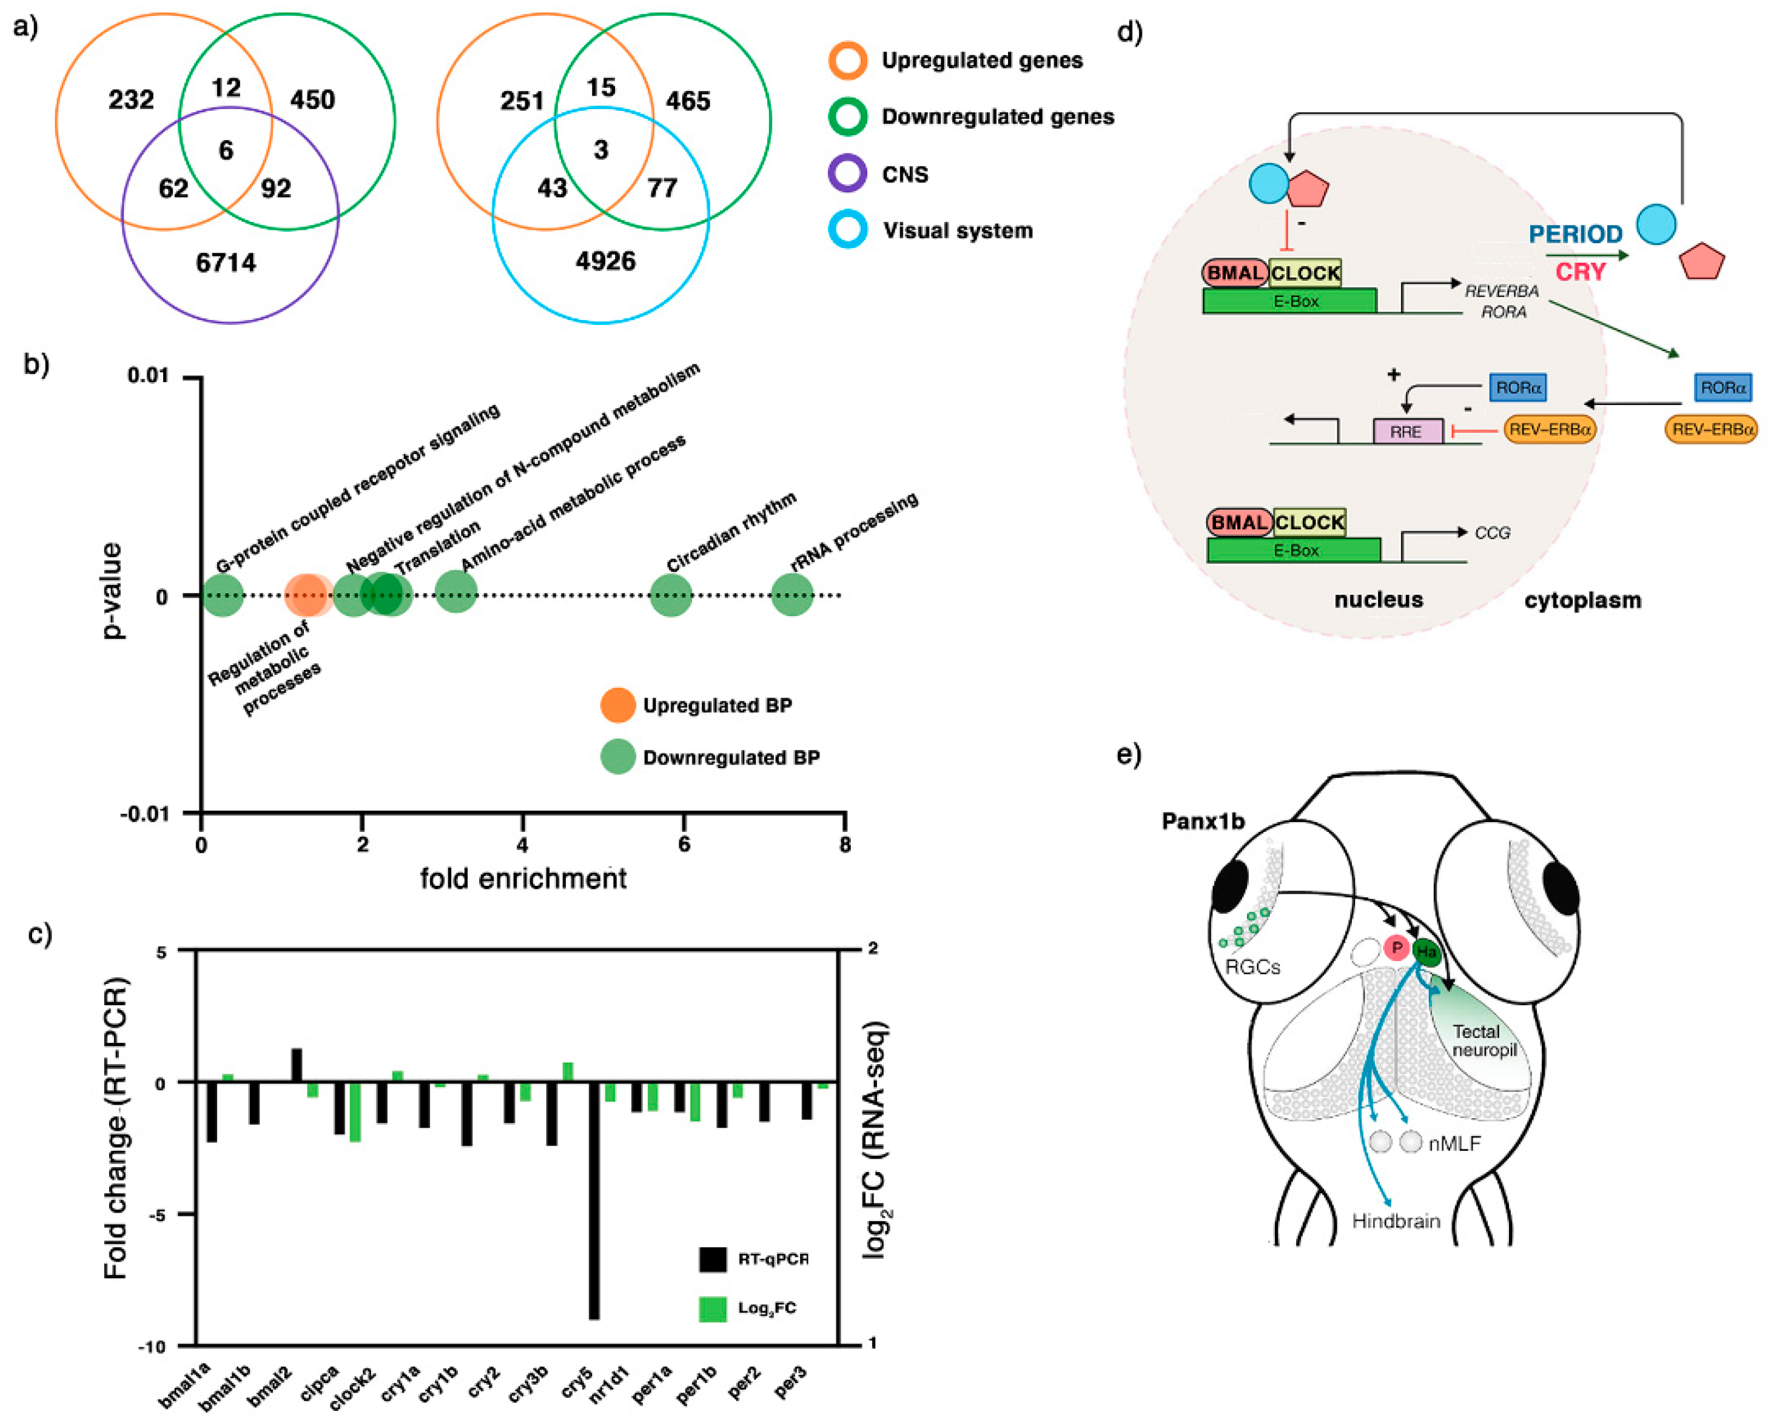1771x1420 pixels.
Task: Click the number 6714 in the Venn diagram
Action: click(226, 263)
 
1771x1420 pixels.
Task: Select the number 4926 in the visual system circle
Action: click(605, 261)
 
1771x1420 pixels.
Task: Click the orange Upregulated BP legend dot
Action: click(617, 705)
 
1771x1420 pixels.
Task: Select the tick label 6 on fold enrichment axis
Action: click(684, 844)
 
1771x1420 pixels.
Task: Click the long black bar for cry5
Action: click(594, 1200)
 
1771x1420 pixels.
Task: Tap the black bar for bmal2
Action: click(297, 1065)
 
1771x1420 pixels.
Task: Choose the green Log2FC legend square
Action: click(712, 1308)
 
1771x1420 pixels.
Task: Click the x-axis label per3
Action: click(791, 1383)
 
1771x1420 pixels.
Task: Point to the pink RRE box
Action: click(1407, 431)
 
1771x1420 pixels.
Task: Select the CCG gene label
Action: click(1492, 533)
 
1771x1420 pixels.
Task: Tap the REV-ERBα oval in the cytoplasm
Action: click(1711, 429)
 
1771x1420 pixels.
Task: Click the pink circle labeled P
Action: click(1396, 948)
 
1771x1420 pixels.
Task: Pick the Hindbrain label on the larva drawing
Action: click(1396, 1221)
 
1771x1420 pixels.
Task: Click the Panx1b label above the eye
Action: click(1203, 822)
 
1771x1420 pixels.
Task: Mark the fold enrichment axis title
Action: click(523, 879)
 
